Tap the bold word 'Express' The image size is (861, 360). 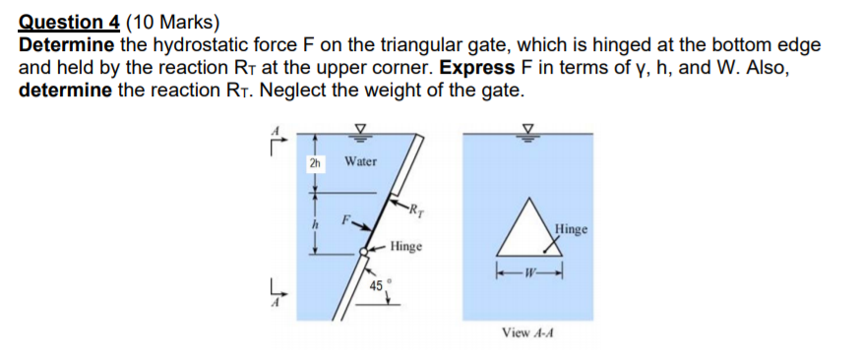pyautogui.click(x=477, y=68)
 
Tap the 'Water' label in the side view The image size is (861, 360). pyautogui.click(x=360, y=161)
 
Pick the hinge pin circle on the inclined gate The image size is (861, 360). pyautogui.click(x=365, y=251)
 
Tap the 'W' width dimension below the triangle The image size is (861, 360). pyautogui.click(x=529, y=272)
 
